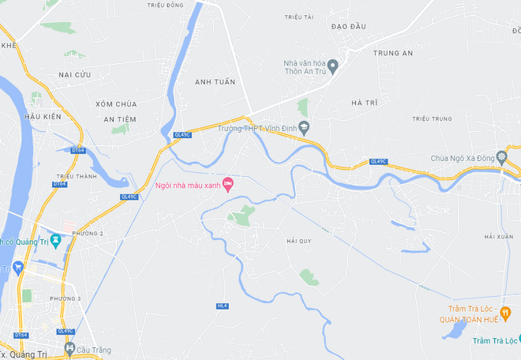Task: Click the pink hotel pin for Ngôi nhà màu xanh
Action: [228, 185]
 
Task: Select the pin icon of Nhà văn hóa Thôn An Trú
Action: [333, 65]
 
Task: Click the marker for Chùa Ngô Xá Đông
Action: [501, 157]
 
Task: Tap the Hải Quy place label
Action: [300, 240]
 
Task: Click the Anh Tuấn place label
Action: [216, 81]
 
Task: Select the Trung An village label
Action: [393, 54]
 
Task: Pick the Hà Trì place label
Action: [365, 103]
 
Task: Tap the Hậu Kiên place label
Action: [43, 117]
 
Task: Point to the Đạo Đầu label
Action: [348, 26]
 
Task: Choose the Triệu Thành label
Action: [77, 176]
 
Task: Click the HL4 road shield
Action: [222, 306]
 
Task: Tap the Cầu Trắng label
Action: [94, 350]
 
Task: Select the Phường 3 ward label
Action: [66, 298]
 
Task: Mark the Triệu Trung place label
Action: [431, 119]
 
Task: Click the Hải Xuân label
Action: [499, 237]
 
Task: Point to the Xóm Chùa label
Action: [116, 104]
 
